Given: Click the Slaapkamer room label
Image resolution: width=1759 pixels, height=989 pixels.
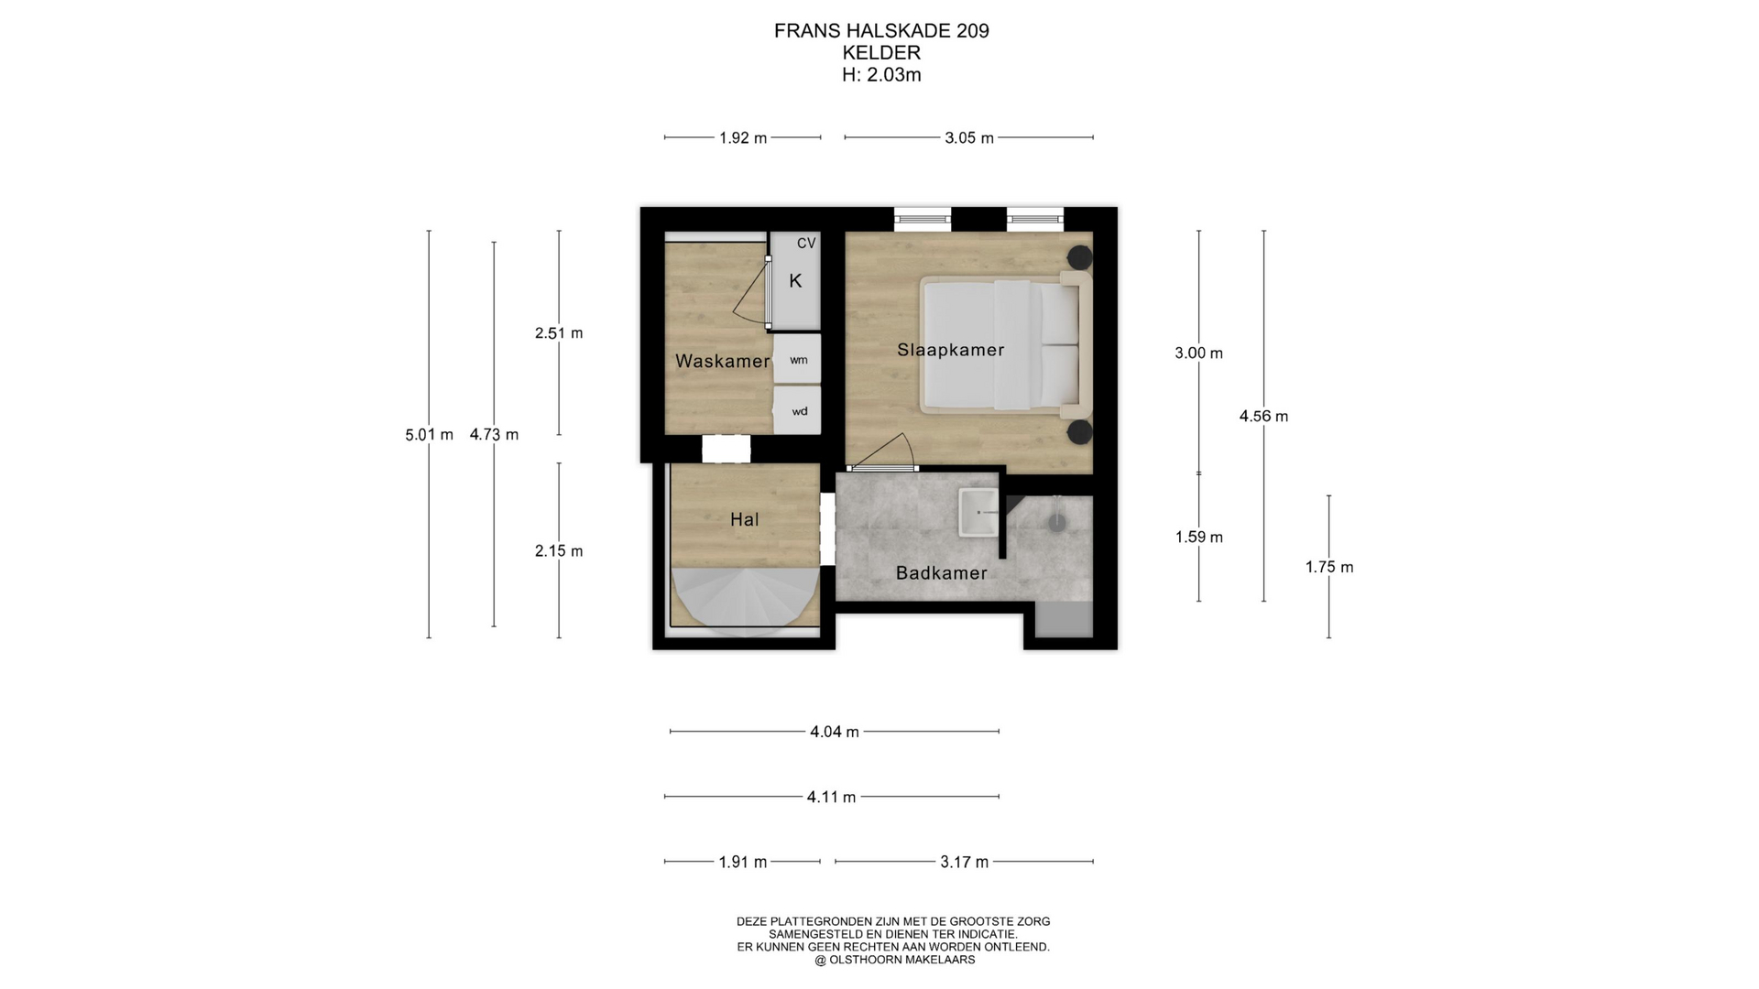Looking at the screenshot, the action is coord(950,350).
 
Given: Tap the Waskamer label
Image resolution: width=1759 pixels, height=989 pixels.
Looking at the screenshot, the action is coord(722,361).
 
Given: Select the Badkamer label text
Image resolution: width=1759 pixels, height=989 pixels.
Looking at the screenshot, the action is coord(941,573).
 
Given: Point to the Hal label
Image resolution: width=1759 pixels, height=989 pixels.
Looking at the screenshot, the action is coord(744,520).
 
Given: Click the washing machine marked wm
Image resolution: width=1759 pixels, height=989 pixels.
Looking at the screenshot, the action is coord(797,359).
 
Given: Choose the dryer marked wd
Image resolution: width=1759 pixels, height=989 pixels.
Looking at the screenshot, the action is coord(797,410).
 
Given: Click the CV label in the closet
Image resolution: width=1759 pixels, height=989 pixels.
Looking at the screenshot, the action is coord(806,244).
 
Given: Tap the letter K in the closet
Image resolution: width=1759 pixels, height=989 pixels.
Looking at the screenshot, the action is coord(795,281).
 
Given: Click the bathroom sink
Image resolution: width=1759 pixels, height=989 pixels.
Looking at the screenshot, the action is coord(978,512).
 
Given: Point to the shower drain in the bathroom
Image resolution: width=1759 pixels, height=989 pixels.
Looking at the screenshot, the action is coord(1057,521).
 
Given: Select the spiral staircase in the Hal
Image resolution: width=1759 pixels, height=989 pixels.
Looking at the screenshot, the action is coord(745,601).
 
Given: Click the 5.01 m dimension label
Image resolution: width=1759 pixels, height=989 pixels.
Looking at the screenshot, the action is coord(429,435).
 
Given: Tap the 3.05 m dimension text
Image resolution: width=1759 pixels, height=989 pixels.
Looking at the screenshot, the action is coord(969,138).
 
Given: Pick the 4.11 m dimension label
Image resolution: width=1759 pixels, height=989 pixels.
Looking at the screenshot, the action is coord(831,798).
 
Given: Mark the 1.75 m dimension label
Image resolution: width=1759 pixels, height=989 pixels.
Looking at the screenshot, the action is coord(1329,568).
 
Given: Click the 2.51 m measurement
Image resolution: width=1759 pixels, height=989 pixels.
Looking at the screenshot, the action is coord(559,333).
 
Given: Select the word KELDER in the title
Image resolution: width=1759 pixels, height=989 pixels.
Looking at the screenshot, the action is coord(881,53).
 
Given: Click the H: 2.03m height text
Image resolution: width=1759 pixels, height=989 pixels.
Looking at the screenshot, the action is coord(881,75).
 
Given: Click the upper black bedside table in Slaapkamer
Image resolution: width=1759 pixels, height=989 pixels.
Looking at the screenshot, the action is coord(1080,257).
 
